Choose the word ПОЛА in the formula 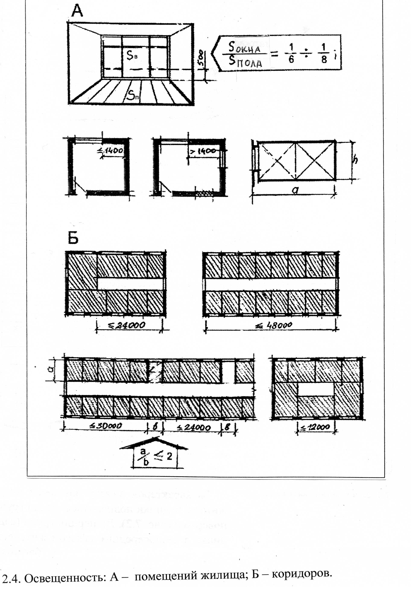click(249, 63)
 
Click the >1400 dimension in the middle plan click(203, 151)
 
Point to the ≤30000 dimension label click(105, 426)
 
